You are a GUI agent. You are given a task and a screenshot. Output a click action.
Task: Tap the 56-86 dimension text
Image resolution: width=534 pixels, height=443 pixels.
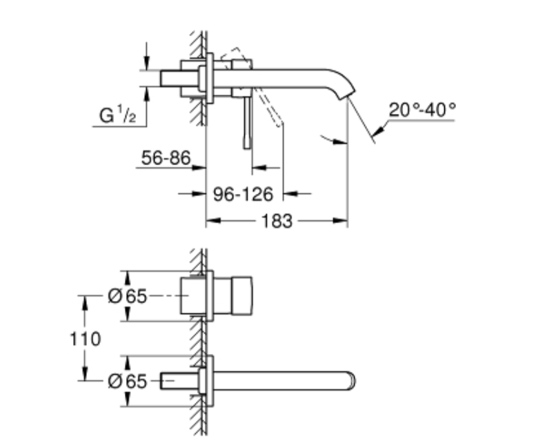pyautogui.click(x=165, y=158)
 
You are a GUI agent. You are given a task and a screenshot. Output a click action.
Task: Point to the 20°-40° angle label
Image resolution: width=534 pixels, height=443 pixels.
pyautogui.click(x=422, y=108)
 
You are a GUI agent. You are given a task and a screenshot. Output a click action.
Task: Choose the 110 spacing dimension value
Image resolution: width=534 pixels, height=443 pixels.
pyautogui.click(x=85, y=339)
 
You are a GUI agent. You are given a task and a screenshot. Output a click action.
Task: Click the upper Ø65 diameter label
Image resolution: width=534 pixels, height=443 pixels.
pyautogui.click(x=128, y=296)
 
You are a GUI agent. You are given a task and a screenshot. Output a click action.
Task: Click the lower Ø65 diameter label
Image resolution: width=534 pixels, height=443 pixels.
pyautogui.click(x=128, y=381)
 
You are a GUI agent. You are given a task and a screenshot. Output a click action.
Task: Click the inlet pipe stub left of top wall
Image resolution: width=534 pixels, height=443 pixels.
pyautogui.click(x=172, y=78)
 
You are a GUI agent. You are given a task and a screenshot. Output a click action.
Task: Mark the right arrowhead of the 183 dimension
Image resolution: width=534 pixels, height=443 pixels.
pyautogui.click(x=342, y=221)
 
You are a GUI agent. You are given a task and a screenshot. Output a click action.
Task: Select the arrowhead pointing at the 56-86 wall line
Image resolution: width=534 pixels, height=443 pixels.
pyautogui.click(x=201, y=167)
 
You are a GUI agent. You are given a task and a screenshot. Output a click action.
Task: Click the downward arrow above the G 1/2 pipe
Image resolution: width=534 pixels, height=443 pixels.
pyautogui.click(x=146, y=64)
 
